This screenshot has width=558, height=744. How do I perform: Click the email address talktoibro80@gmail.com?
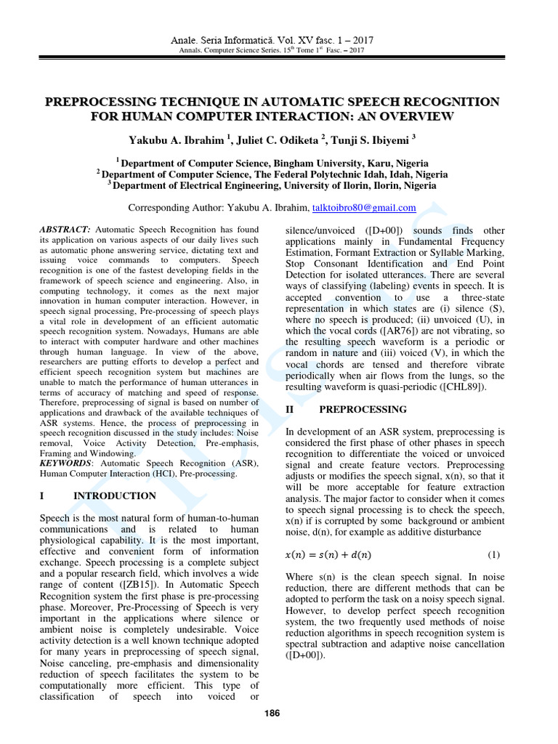click(x=364, y=208)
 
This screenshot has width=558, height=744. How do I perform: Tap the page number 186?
click(x=272, y=713)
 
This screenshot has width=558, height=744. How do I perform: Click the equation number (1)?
click(x=494, y=555)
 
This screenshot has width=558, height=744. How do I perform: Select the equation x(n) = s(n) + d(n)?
click(x=328, y=556)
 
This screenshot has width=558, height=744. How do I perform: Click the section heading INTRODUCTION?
click(x=115, y=496)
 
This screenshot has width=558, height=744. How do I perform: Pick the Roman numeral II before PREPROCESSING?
click(x=289, y=410)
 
